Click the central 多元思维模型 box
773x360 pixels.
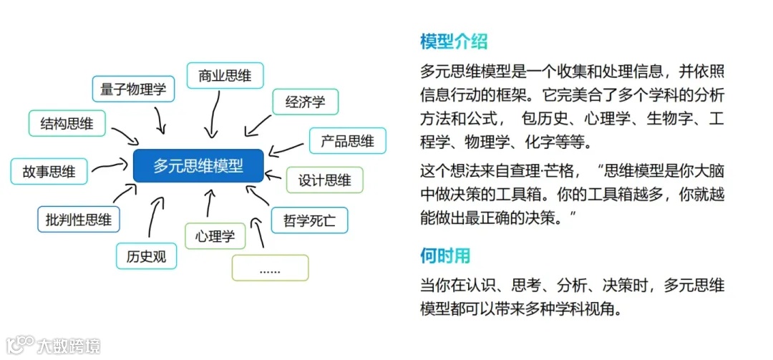pos(198,166)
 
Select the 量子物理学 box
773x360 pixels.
pos(133,89)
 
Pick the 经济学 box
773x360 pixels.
pos(305,102)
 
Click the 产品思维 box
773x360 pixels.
pos(347,141)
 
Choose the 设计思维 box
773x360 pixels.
pos(325,180)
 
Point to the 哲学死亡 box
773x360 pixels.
pos(309,220)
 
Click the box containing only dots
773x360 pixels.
pos(270,269)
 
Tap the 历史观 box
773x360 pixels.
pos(146,256)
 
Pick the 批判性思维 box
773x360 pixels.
pos(79,220)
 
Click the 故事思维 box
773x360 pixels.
pos(49,172)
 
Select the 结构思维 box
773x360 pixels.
pos(67,123)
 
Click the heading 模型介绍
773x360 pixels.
pos(454,42)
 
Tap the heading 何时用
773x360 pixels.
pos(444,256)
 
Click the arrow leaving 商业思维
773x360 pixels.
pos(213,113)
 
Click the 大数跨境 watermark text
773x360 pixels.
pos(69,346)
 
